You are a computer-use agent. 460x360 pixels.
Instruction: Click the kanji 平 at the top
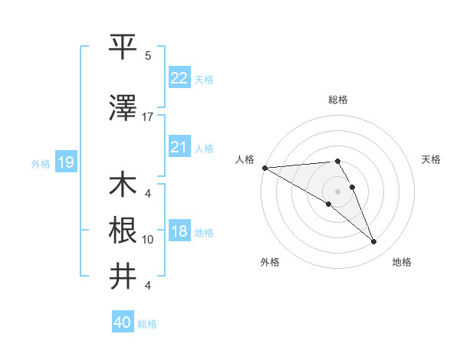(123, 47)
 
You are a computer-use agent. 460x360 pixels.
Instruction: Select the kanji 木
(123, 185)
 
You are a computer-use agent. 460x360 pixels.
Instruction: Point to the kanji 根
(123, 231)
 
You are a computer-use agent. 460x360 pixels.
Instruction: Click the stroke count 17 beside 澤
(148, 117)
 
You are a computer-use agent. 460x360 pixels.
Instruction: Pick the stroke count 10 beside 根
(148, 240)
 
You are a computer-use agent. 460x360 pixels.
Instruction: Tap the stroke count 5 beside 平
(148, 56)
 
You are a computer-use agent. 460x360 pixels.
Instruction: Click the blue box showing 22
(179, 77)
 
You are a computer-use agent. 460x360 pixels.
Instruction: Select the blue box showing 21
(179, 146)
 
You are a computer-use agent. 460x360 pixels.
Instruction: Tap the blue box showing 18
(179, 231)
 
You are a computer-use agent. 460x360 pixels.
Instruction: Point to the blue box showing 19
(65, 162)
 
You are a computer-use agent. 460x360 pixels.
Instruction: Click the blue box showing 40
(123, 322)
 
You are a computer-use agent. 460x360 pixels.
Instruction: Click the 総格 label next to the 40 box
(148, 324)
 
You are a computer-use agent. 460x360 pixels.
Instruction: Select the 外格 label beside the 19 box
(41, 163)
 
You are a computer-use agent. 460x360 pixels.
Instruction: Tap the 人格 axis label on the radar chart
(245, 159)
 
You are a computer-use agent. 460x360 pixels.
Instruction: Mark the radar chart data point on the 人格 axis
(264, 168)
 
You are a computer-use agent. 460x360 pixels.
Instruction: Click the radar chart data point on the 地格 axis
(374, 242)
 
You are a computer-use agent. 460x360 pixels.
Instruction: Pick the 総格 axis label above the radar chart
(338, 100)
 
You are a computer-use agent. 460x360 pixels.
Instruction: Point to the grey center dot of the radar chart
(337, 191)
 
